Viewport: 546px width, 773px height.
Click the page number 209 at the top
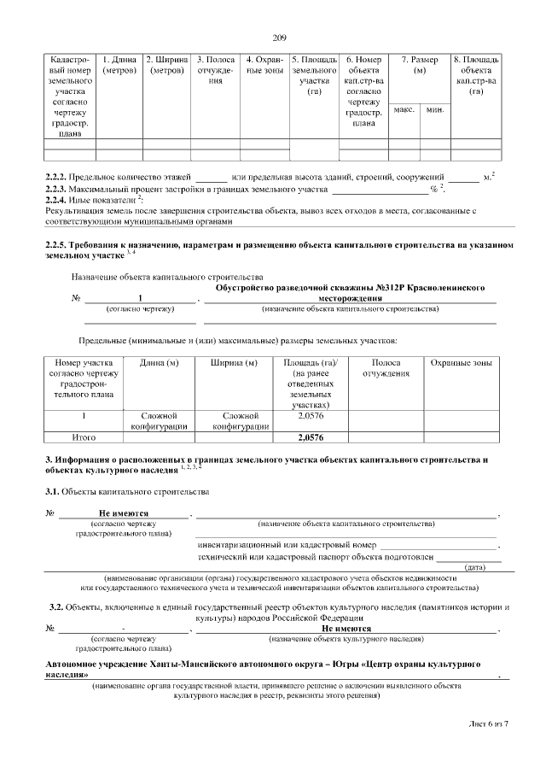[x=279, y=37]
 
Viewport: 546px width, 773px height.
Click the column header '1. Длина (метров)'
[x=119, y=65]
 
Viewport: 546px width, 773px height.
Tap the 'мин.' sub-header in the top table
[x=435, y=111]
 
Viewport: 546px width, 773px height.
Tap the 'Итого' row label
[x=84, y=437]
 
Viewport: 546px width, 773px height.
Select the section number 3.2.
[x=56, y=606]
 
